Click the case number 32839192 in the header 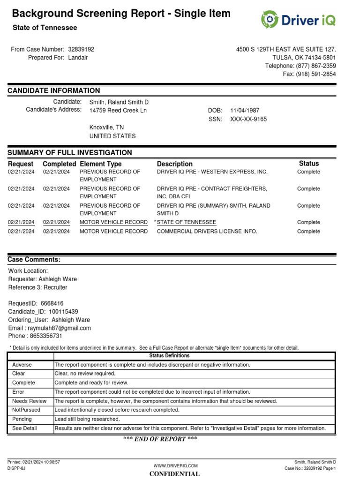coord(81,49)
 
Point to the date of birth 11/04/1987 coord(245,111)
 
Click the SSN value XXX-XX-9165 coord(248,119)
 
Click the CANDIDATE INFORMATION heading coord(54,91)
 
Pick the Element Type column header coord(101,164)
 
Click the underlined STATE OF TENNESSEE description coord(187,222)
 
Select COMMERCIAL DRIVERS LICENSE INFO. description coord(207,232)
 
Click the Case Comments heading coord(34,260)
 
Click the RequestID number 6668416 coord(52,303)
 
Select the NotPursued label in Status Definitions coord(26,410)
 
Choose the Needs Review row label coord(29,401)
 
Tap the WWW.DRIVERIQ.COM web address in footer coord(176,465)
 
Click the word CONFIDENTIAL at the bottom coord(174,474)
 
